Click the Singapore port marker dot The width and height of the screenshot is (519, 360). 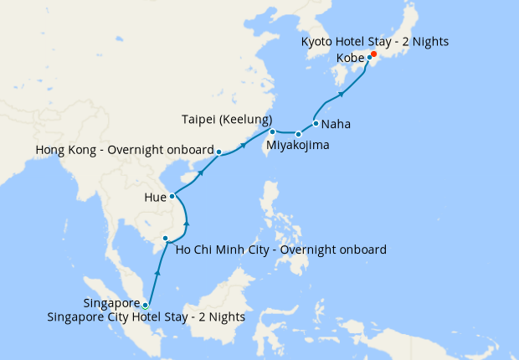point(146,305)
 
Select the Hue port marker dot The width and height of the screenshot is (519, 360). point(172,197)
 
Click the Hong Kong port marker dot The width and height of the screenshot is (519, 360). point(218,152)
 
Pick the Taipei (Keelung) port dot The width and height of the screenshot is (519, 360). point(273,131)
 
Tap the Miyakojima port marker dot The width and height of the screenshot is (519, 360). point(298,134)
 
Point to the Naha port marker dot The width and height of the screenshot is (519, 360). point(316,124)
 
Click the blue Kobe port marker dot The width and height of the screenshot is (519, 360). point(369,58)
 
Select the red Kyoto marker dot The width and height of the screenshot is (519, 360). point(374,54)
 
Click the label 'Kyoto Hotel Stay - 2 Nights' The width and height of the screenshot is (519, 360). point(375,41)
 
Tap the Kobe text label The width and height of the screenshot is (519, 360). point(350,59)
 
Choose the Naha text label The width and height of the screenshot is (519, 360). point(336,125)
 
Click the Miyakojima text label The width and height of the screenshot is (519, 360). point(297,146)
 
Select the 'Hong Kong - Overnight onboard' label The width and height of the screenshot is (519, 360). point(124,150)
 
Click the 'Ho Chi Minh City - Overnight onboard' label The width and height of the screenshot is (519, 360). point(280,249)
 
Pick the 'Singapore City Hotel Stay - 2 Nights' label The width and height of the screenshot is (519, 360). point(146,316)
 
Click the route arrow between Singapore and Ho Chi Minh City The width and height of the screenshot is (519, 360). point(157,273)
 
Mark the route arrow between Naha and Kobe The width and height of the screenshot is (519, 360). point(342,94)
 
